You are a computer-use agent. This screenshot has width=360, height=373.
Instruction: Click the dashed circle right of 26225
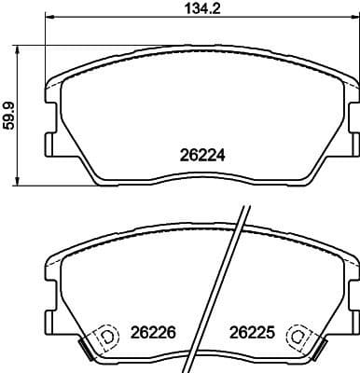[298, 334]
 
